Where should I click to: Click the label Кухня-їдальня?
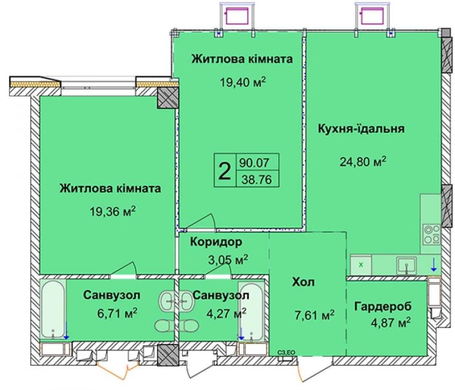(360, 128)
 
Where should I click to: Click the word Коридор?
(216, 242)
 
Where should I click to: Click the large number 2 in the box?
(224, 171)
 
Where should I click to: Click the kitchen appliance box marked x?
(361, 263)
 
